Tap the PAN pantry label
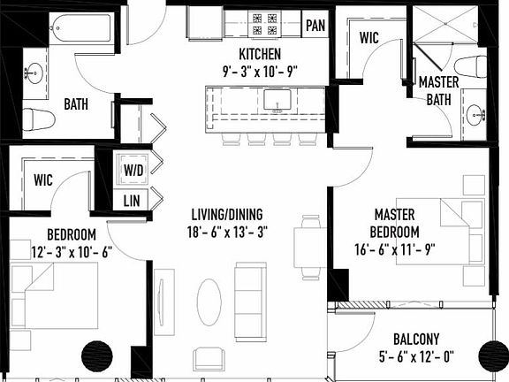coord(315,25)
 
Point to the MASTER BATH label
coord(437,90)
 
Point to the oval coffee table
coord(209,302)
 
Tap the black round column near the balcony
coord(492,357)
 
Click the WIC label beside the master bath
coord(370,38)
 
